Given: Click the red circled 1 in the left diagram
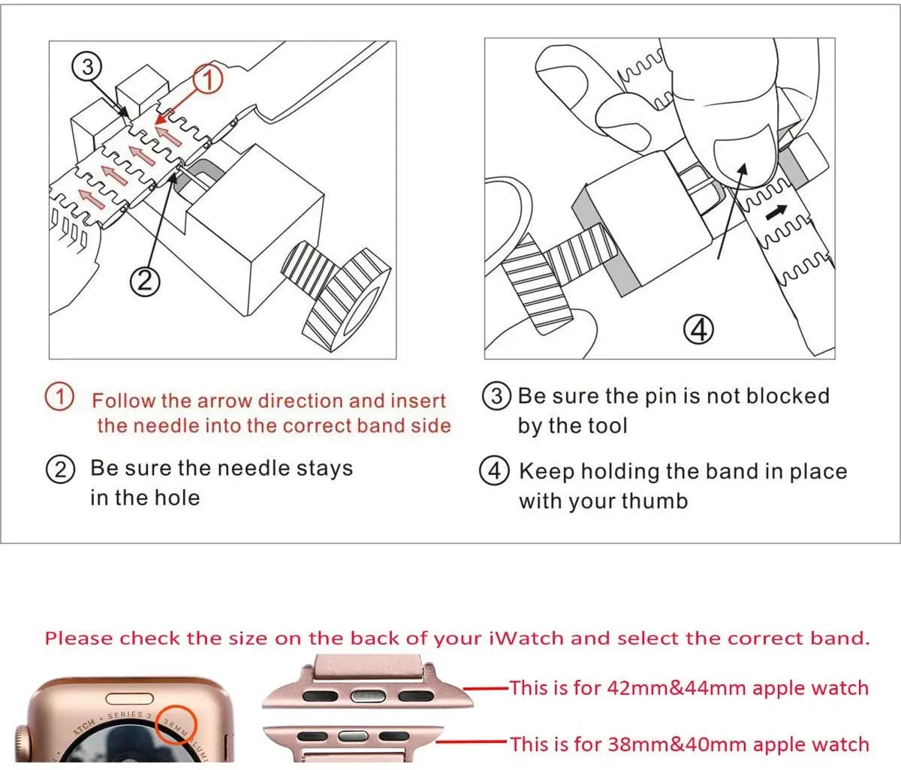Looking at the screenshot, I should coord(208,80).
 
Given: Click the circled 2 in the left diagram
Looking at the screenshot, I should coord(145,281).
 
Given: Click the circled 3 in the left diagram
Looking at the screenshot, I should coord(88,67).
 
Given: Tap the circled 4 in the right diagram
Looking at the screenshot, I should coord(698,329).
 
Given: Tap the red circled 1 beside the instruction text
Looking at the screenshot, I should coord(59,397).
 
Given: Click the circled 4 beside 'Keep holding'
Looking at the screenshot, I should coord(494,471).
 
